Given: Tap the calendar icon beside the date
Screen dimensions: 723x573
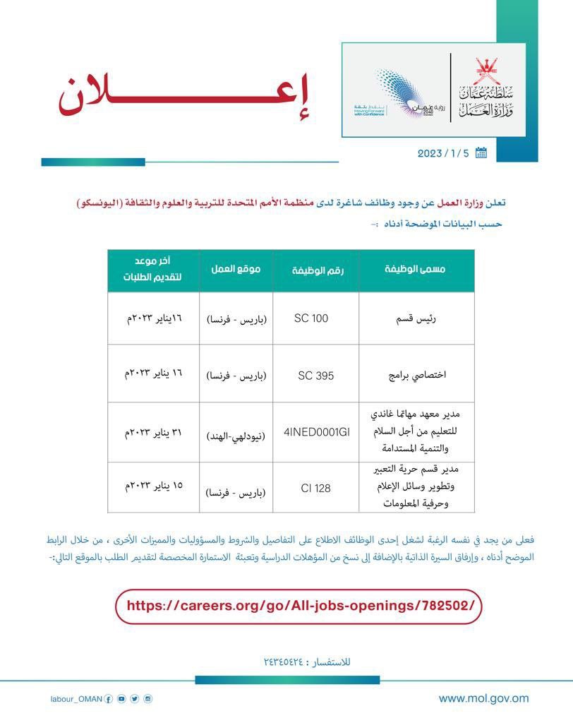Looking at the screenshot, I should [481, 153].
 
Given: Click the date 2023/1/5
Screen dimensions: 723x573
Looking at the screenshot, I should [442, 153].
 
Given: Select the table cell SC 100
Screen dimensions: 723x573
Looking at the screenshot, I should [311, 318].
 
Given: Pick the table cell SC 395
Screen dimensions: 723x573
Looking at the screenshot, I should [311, 375].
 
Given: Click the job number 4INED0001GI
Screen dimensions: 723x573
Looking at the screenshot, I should [317, 432].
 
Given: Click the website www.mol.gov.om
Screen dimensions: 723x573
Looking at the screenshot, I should [483, 698].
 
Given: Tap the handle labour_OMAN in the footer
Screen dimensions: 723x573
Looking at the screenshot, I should [77, 699].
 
